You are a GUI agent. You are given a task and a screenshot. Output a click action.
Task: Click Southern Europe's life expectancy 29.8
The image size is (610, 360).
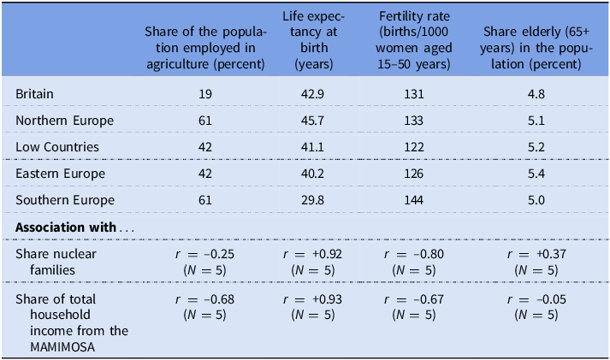pyautogui.click(x=312, y=201)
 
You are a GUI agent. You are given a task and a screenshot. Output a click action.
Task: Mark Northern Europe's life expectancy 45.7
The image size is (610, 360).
pyautogui.click(x=312, y=120)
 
